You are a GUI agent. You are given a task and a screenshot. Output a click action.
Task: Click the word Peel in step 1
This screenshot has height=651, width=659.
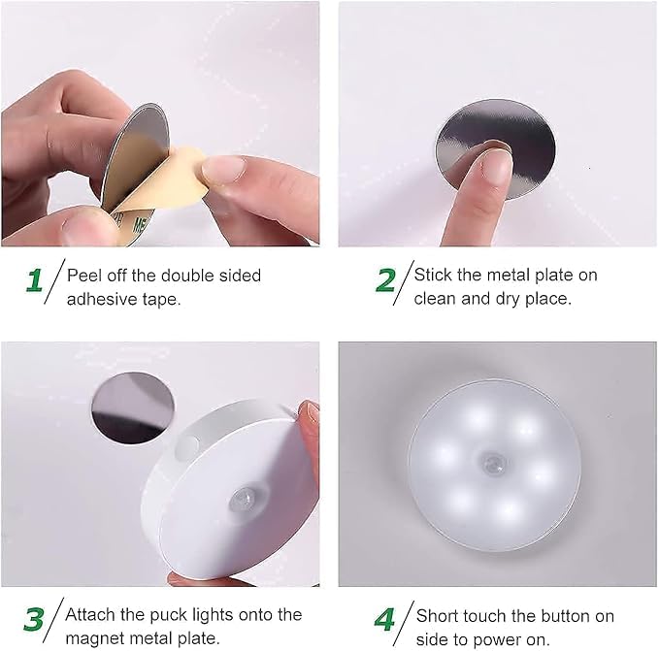point(84,275)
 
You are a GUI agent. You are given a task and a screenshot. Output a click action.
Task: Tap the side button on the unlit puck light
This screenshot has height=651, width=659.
point(186,448)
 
